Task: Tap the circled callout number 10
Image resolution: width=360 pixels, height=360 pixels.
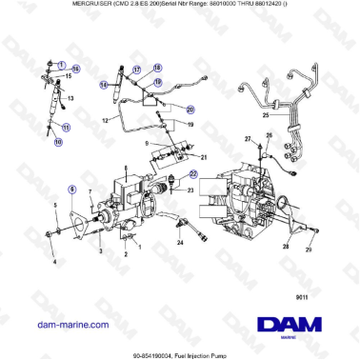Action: [58, 143]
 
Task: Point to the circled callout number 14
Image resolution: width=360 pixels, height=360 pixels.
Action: [104, 85]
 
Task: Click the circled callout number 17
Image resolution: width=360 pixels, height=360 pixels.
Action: [136, 70]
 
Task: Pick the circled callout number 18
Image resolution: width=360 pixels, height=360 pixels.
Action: [158, 69]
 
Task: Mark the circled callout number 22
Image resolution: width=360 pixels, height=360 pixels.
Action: [193, 174]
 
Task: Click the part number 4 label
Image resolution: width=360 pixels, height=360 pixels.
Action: [53, 261]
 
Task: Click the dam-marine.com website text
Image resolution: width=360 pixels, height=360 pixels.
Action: [69, 325]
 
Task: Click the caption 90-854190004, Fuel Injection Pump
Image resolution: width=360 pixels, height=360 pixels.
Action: [180, 354]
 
